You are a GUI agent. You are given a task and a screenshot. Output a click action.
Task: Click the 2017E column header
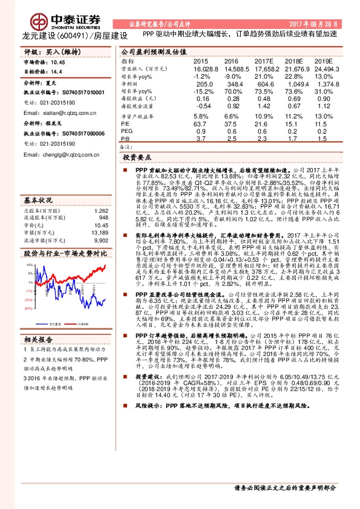[263, 62]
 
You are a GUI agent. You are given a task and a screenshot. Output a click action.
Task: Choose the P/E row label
[125, 123]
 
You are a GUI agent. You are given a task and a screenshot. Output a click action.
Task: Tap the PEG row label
[126, 131]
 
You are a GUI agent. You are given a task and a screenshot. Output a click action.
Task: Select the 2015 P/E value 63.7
[200, 123]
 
